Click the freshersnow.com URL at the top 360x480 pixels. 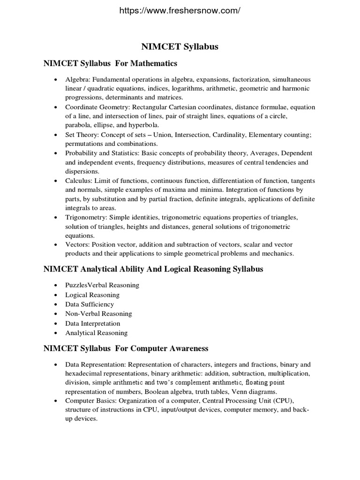click(180, 10)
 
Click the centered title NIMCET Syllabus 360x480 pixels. click(180, 47)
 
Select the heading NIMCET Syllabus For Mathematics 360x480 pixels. click(110, 63)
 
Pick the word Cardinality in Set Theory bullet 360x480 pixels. click(226, 135)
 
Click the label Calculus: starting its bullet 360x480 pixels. click(78, 181)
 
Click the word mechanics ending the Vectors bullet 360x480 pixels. click(277, 254)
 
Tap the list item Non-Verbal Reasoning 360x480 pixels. click(98, 314)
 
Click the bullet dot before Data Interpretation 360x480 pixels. click(55, 323)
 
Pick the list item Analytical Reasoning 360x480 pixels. click(96, 333)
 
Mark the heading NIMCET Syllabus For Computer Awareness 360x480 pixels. click(126, 349)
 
